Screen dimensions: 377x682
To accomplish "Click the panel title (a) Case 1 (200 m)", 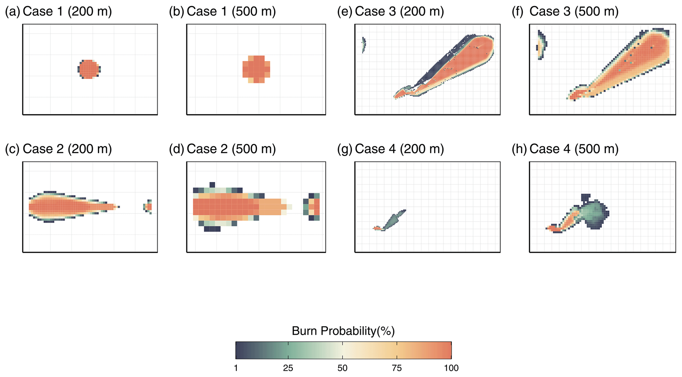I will [x=58, y=12].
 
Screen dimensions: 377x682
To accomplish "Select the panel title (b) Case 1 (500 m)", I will [x=222, y=12].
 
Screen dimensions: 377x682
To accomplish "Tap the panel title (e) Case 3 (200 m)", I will [x=391, y=12].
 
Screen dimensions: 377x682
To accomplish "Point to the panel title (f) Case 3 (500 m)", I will [x=565, y=12].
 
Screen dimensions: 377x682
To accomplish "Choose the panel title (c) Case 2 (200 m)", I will [x=58, y=149].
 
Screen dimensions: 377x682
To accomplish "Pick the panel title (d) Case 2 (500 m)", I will [x=222, y=149].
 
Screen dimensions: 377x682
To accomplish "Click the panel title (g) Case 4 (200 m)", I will [x=391, y=149].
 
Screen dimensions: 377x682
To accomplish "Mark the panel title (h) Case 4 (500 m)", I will [x=565, y=149].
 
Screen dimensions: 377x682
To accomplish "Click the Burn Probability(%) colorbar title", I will [x=343, y=331].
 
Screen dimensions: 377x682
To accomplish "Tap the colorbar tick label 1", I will [x=236, y=368].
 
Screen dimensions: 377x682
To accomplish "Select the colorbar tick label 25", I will [x=288, y=368].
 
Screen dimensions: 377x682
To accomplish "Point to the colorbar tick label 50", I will [x=342, y=368].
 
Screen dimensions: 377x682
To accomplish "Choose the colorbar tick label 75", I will [x=397, y=368].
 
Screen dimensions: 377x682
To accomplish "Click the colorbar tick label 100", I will [x=451, y=368].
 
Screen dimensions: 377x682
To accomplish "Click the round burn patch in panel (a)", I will [x=89, y=69].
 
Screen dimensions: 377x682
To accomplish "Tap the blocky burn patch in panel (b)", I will [x=256, y=69].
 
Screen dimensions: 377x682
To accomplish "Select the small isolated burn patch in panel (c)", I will [x=148, y=207].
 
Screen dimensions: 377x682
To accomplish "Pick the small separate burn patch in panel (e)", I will [x=364, y=44].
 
